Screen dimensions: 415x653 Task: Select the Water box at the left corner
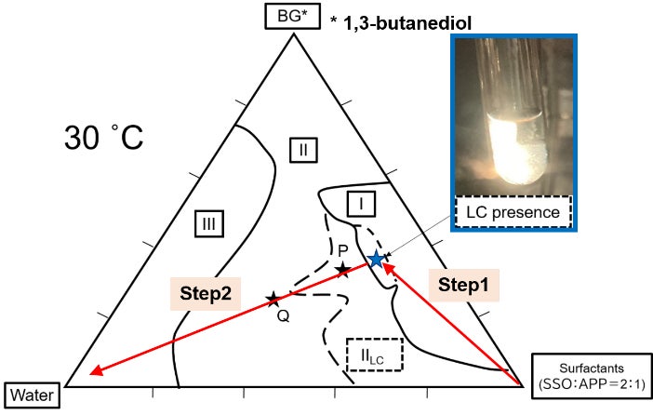pyautogui.click(x=33, y=395)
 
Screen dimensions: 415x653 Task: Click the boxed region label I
pyautogui.click(x=361, y=202)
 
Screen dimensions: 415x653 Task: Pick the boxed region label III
pyautogui.click(x=210, y=222)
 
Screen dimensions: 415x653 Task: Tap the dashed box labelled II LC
pyautogui.click(x=375, y=354)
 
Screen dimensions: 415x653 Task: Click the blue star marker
pyautogui.click(x=376, y=260)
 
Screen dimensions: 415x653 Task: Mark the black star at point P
pyautogui.click(x=343, y=270)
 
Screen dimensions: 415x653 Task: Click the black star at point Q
pyautogui.click(x=273, y=299)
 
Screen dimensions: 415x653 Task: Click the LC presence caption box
pyautogui.click(x=514, y=212)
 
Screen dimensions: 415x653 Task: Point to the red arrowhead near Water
pyautogui.click(x=94, y=373)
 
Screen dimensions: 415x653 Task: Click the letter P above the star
pyautogui.click(x=342, y=250)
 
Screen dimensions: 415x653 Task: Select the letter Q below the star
pyautogui.click(x=283, y=316)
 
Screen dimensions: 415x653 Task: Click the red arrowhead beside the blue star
pyautogui.click(x=388, y=267)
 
